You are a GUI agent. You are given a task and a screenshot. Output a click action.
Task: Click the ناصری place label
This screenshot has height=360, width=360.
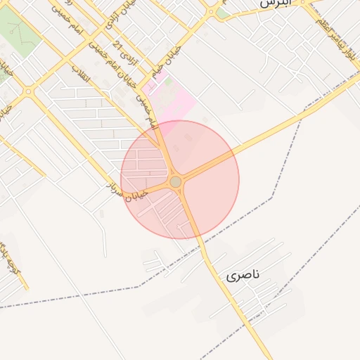tap(243, 275)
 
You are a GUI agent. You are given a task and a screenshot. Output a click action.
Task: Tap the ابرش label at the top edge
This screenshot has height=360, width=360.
tap(274, 4)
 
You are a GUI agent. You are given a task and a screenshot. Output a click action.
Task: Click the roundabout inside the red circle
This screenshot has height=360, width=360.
tap(176, 181)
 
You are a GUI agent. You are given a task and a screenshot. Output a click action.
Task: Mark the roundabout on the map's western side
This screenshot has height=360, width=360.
tap(28, 91)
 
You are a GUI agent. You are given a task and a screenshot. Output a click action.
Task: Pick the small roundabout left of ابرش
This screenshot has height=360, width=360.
tap(212, 11)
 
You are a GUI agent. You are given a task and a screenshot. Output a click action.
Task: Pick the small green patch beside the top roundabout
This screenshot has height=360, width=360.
tap(222, 13)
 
